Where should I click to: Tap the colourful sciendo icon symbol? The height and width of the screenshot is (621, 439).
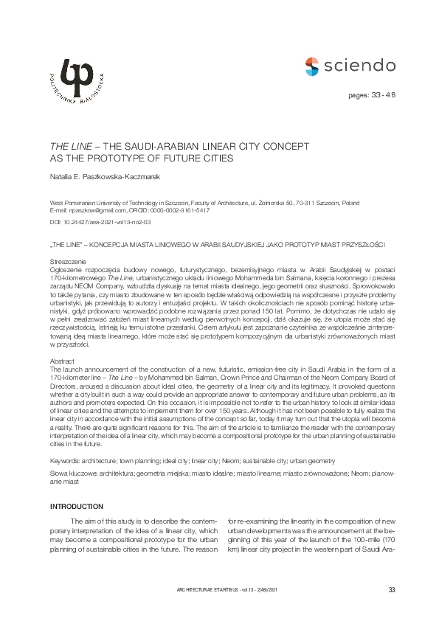(312, 66)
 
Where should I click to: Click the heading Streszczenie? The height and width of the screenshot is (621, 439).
(69, 262)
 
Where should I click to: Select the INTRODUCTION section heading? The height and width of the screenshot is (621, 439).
(77, 507)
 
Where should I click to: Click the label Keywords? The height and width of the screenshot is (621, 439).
(66, 459)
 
